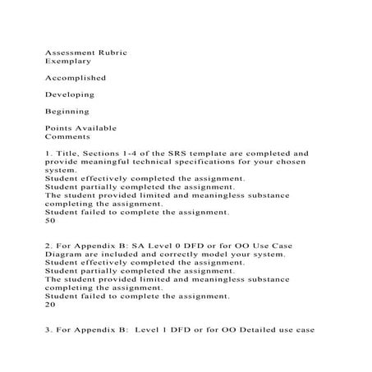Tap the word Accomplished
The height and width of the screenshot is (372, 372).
point(76,78)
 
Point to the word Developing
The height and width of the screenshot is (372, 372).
point(70,94)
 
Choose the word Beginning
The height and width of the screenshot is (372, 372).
point(67,111)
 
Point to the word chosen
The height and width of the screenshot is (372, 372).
point(287,162)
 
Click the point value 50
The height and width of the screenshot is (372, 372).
point(50,220)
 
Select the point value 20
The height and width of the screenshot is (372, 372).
point(50,304)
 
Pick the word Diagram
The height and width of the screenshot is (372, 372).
point(65,255)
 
